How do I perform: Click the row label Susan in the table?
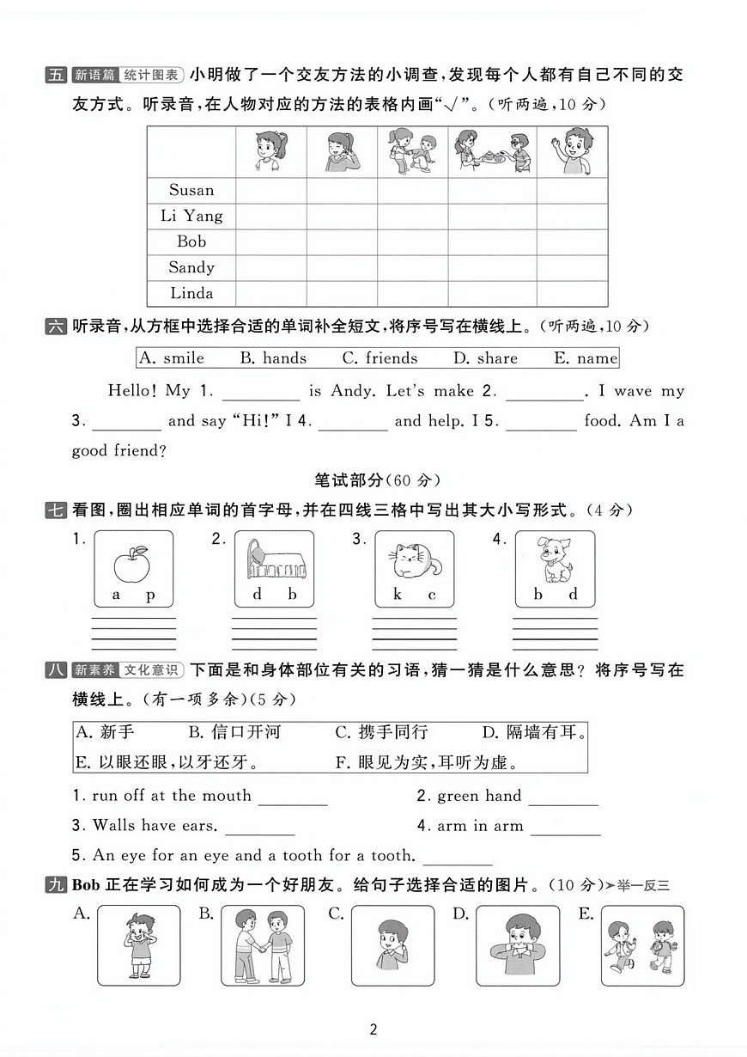191,191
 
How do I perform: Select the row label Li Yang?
191,217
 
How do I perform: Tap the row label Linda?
191,294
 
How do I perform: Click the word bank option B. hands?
273,358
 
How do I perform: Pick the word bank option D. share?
485,358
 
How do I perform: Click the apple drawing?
132,563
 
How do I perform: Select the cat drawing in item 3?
415,562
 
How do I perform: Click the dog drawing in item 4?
555,560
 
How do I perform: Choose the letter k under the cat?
398,595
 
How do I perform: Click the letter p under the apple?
150,595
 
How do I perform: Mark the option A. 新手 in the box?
106,733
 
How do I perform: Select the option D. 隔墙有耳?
534,733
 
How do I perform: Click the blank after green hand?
563,797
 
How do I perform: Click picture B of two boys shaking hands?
257,945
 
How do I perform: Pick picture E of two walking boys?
643,945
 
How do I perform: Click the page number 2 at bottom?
373,1030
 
